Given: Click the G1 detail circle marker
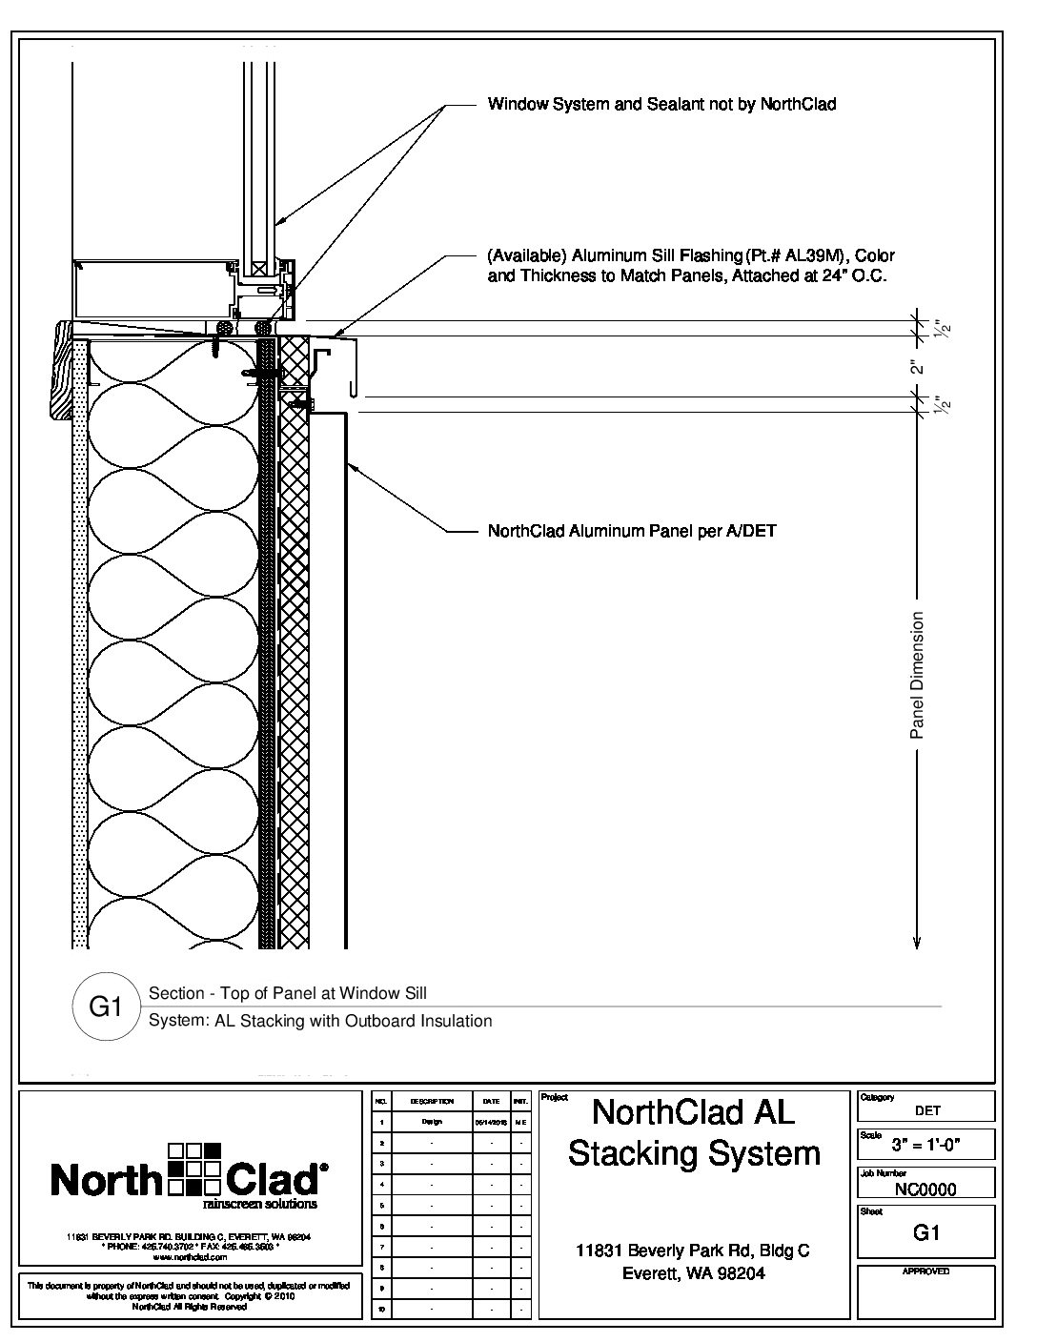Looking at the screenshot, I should click(105, 1006).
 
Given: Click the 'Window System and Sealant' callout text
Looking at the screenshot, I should click(661, 104).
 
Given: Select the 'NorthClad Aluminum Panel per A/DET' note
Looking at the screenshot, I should click(631, 531).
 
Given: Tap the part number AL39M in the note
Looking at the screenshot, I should click(812, 255).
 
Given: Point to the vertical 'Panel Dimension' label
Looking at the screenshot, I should click(917, 675).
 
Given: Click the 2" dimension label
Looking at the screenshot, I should click(917, 367).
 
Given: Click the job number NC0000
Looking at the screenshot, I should click(925, 1189).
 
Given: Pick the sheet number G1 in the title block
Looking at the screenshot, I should click(926, 1232).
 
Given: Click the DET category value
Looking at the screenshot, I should click(927, 1110).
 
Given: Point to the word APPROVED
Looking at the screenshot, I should click(925, 1272).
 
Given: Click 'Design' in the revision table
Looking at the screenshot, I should click(431, 1122).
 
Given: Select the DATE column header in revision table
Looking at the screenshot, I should click(491, 1101).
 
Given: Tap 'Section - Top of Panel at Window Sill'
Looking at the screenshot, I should click(289, 993).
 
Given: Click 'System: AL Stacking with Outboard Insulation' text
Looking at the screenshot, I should click(320, 1021).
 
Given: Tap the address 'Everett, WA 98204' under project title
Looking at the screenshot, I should click(693, 1273).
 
